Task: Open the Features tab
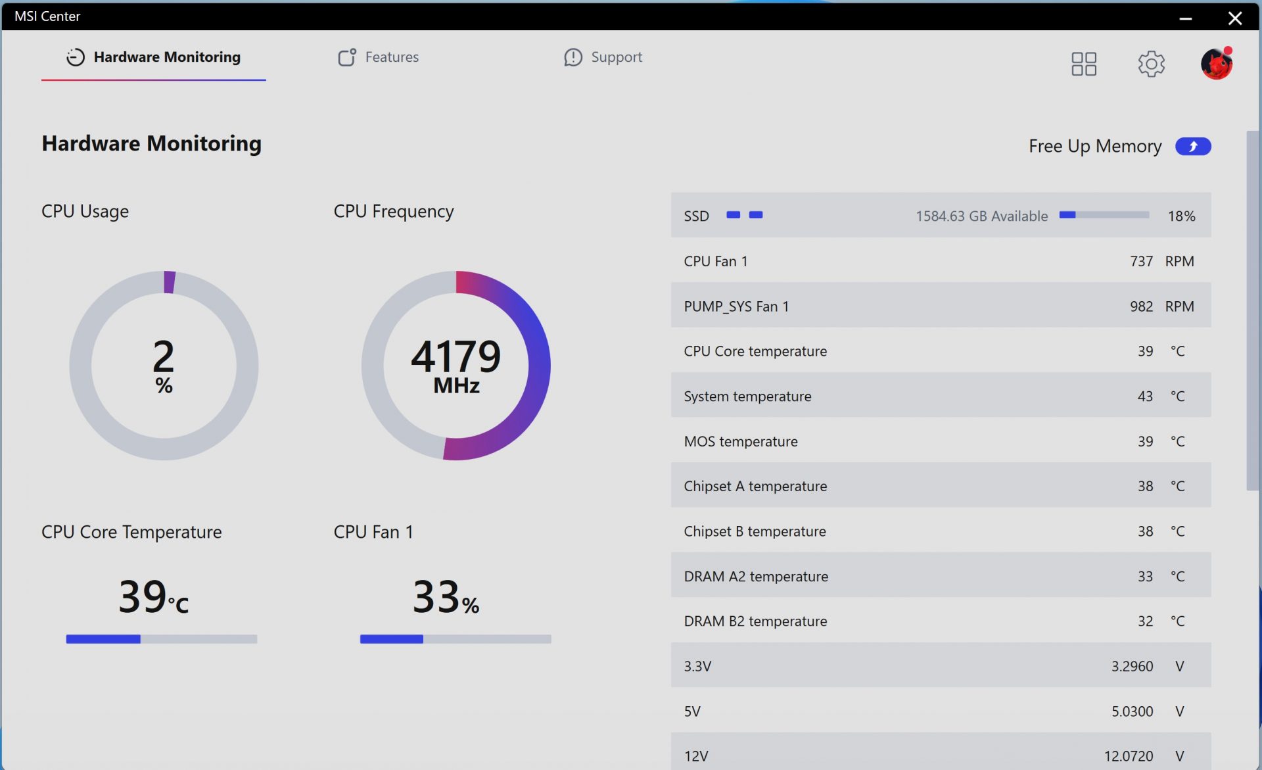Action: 379,57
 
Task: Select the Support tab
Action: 603,57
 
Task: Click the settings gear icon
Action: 1151,64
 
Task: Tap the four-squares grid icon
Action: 1083,64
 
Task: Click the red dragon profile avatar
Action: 1216,64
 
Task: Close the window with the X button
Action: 1235,18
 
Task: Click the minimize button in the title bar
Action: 1186,18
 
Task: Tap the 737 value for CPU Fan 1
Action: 1141,261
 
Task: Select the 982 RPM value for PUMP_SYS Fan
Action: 1141,306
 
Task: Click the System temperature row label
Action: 747,397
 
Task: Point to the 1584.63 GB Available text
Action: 981,216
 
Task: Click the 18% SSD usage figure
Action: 1181,216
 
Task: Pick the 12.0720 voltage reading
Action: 1129,756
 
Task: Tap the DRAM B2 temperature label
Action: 755,621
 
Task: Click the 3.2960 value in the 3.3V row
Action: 1132,666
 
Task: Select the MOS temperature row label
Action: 741,441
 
